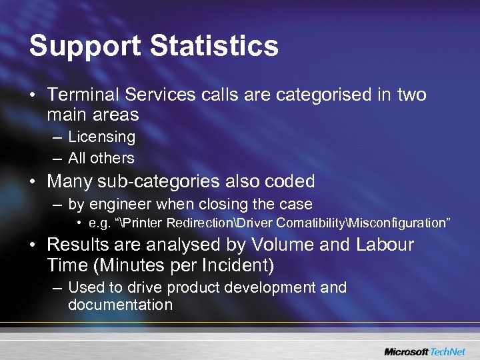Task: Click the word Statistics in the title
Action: tap(214, 47)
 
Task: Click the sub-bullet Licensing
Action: tap(101, 137)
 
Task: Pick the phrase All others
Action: tap(101, 158)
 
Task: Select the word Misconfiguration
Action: tap(398, 222)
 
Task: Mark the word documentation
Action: tap(120, 305)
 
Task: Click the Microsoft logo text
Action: tap(406, 351)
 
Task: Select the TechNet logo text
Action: tap(449, 351)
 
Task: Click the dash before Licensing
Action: tap(55, 137)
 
